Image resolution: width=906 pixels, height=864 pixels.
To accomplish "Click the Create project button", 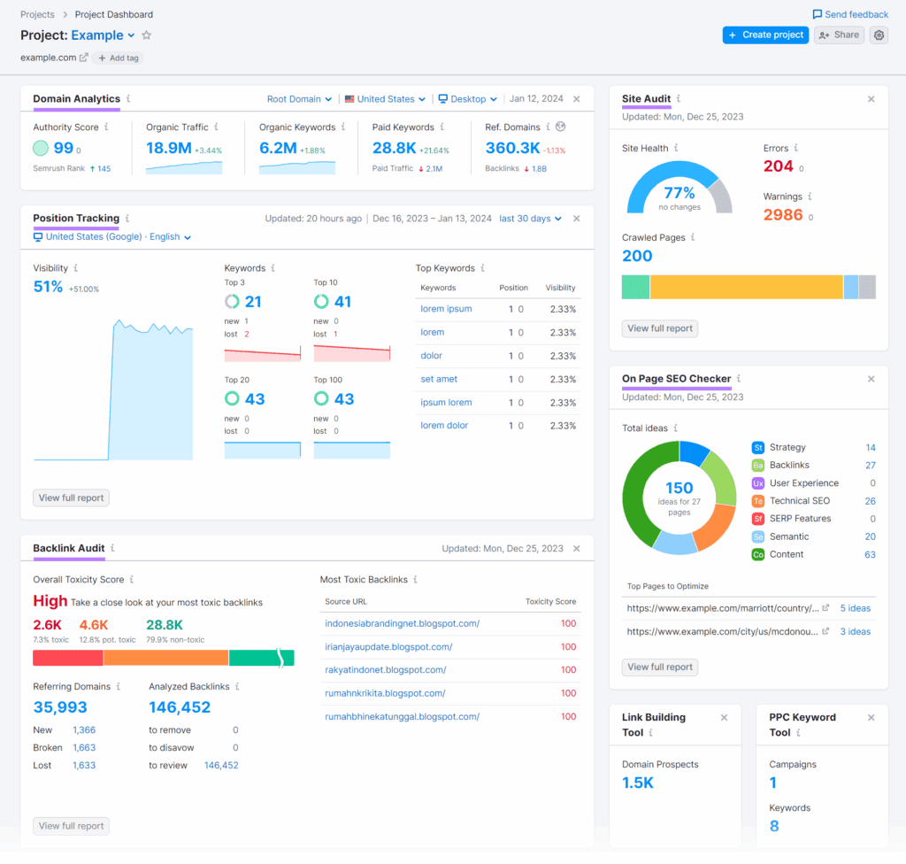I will coord(765,35).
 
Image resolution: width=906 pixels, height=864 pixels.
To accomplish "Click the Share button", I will coord(839,35).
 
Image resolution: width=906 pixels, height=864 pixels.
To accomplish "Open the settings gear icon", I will coord(879,35).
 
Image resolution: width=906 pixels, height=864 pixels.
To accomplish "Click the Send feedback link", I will coord(850,14).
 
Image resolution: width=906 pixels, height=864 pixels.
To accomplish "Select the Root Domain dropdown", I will coord(300,99).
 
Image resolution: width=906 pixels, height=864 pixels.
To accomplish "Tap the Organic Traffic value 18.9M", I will coord(168,148).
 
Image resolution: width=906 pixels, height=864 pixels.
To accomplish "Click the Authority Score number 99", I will coord(64,148).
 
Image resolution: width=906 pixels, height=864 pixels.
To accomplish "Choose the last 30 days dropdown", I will coord(530,219).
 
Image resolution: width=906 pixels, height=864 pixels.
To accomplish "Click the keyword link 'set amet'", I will coord(439,379).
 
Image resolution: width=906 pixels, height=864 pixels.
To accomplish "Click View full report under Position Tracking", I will coord(71,498).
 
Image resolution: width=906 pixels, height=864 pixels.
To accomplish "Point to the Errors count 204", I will coord(779,166).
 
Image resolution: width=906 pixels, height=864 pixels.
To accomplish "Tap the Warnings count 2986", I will coord(783,215).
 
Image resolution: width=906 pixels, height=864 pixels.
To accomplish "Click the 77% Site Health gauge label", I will coord(679,192).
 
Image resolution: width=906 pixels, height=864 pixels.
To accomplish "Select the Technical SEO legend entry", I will coord(800,501).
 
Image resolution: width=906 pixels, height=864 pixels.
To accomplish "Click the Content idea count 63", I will coord(870,554).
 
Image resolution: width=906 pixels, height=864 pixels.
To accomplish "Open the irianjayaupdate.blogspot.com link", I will coord(388,647).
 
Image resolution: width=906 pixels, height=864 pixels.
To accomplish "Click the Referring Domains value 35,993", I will coord(60,707).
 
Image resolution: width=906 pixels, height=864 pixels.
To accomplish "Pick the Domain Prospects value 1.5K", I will coord(638,783).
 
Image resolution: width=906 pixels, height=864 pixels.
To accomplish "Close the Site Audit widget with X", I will coord(871,99).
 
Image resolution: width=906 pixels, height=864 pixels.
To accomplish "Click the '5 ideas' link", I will coord(855,608).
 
